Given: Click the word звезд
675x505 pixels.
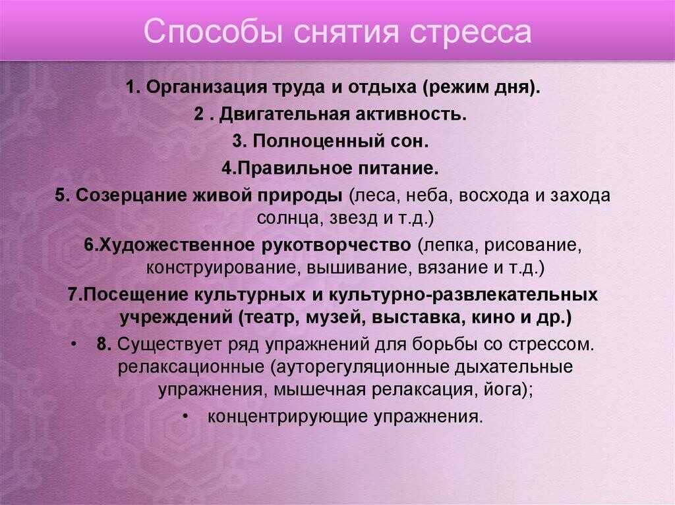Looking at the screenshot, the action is click(x=354, y=219).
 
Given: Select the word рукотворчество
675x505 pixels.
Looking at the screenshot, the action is click(x=336, y=246).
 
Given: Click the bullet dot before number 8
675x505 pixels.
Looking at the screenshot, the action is click(x=74, y=344).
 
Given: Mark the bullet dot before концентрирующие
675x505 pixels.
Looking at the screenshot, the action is click(x=185, y=416).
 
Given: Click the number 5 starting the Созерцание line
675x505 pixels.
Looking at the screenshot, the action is click(x=60, y=196).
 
